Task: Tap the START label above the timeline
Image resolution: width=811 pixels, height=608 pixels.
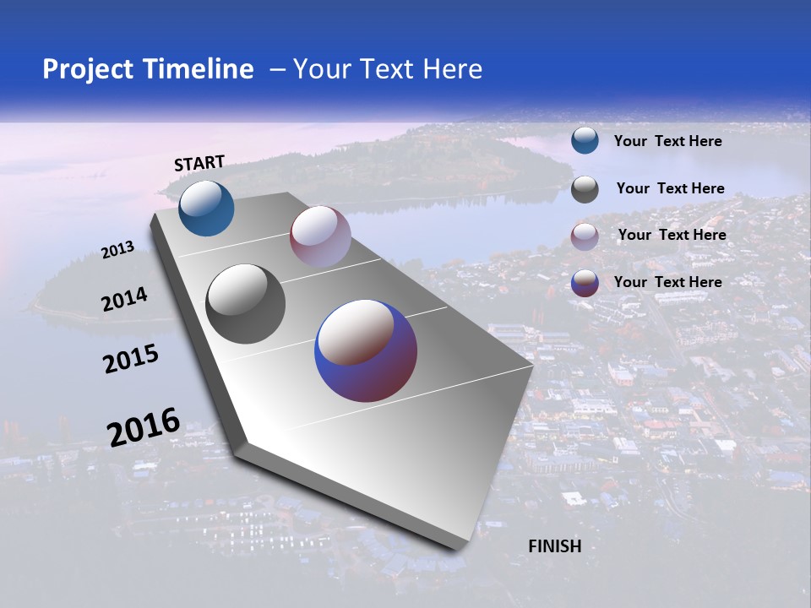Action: point(199,163)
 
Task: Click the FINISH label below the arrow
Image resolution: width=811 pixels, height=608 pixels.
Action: point(555,546)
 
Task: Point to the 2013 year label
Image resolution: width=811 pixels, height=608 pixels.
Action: point(117,250)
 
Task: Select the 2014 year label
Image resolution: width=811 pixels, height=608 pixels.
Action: point(124,300)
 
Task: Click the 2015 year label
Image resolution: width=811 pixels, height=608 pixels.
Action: point(131,359)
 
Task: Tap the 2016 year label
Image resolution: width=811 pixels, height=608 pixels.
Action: point(144,427)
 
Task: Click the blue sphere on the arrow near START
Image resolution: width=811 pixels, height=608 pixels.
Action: point(206,208)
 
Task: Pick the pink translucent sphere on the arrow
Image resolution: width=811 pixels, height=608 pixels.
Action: point(320,236)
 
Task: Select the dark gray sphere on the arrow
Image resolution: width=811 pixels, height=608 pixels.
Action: point(246,304)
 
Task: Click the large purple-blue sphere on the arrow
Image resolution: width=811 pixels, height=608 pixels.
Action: point(366,350)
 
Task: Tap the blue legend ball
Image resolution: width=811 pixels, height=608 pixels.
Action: point(585,141)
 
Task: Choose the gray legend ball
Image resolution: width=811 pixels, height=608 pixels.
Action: point(585,189)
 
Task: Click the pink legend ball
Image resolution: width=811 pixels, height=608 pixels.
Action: point(585,236)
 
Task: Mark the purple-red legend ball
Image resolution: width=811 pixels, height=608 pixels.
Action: point(585,283)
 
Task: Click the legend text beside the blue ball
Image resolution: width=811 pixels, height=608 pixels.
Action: point(667,141)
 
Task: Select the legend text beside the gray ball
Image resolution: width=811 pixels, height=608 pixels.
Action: point(670,188)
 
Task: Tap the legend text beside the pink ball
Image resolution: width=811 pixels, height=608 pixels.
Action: point(672,235)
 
